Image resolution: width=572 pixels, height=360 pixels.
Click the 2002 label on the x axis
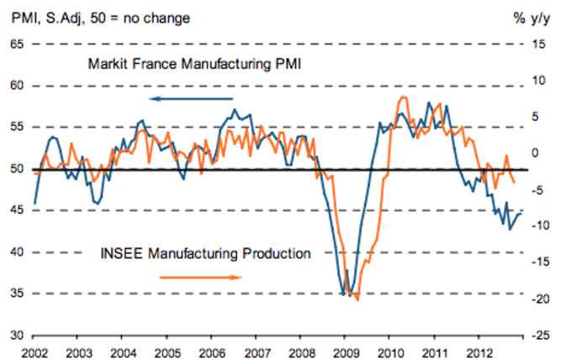34,349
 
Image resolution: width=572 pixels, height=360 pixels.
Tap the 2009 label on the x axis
345,349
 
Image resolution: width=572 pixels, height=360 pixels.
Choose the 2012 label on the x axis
478,349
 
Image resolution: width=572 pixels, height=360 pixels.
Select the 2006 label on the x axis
211,349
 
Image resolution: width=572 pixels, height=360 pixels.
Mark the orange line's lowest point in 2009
358,299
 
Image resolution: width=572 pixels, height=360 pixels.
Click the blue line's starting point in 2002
34,204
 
